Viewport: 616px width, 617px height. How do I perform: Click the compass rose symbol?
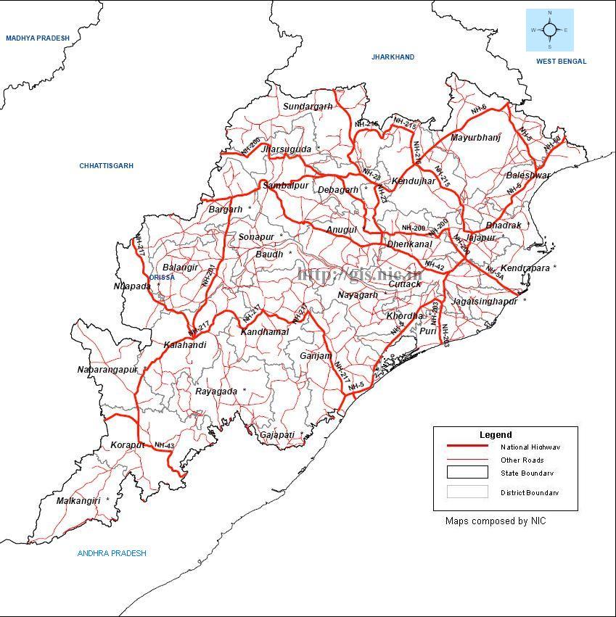[549, 30]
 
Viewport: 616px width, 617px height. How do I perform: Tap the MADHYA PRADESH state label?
[38, 38]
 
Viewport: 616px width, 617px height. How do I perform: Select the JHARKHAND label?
[393, 57]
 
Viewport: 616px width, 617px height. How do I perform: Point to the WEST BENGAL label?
[562, 62]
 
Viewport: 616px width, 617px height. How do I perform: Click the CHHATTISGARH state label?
[107, 166]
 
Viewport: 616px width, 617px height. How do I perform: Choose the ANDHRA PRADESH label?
[112, 553]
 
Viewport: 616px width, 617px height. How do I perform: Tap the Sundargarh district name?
[308, 107]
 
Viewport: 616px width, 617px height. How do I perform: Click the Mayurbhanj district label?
[476, 138]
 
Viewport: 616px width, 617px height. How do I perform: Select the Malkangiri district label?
[81, 500]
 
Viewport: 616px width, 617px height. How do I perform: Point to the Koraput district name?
[128, 444]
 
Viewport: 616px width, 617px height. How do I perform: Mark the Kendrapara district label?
[527, 268]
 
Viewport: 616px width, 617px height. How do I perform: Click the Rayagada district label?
[216, 392]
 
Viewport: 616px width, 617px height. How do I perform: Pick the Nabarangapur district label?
[107, 370]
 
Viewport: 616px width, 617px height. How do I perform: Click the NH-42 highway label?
[435, 265]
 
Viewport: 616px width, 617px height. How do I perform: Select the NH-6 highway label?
[479, 109]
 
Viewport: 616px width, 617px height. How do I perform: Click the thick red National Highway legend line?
[467, 447]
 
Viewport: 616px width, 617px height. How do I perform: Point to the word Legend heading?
[496, 435]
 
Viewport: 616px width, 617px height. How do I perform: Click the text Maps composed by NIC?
[496, 521]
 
